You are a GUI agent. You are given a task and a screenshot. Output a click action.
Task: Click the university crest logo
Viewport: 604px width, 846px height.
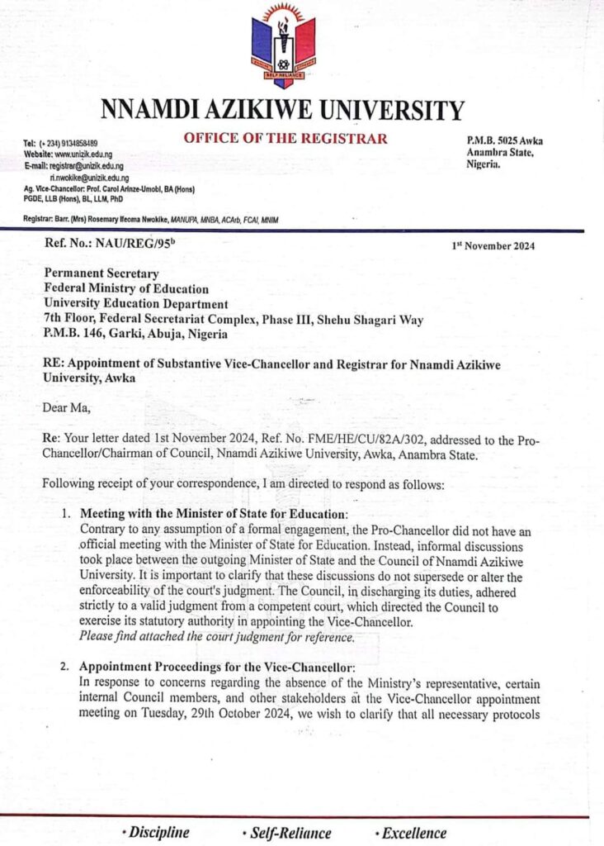[282, 45]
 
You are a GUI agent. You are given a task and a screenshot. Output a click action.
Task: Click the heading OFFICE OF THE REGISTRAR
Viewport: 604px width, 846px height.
[285, 138]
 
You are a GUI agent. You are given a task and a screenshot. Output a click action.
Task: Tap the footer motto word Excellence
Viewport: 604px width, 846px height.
[413, 833]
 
